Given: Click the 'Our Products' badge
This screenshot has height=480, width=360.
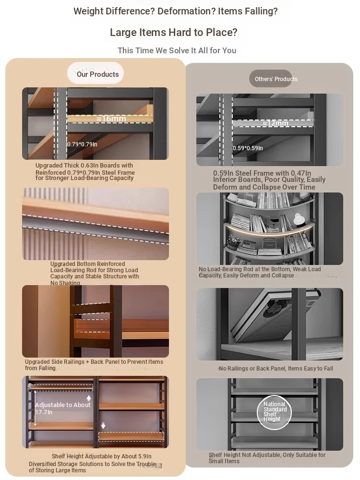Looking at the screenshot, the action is point(96,73).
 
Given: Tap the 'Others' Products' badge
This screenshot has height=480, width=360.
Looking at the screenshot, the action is point(271,79).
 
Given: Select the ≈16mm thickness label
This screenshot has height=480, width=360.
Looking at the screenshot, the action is point(111,119).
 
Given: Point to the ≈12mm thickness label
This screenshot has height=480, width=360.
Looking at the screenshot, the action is point(275,123).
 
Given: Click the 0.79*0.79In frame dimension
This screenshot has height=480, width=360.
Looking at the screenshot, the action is point(82,144).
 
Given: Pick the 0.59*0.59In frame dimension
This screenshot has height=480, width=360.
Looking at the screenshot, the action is point(248,148).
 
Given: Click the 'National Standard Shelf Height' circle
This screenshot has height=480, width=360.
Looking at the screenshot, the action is point(274,412).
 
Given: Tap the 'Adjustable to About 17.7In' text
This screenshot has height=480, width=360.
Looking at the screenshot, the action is point(62,408).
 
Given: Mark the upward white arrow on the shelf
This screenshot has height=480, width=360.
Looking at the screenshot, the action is point(89,398).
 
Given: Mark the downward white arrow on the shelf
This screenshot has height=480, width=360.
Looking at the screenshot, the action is point(103,425).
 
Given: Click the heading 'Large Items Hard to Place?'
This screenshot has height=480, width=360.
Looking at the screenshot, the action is point(174,33).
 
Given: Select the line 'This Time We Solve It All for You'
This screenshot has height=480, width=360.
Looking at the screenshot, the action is point(177,50).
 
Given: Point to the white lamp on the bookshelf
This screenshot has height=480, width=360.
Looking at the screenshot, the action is point(298,219).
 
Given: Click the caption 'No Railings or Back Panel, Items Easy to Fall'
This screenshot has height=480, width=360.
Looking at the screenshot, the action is point(276,369).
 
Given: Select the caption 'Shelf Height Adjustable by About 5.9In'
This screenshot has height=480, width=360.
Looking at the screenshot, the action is point(102,456).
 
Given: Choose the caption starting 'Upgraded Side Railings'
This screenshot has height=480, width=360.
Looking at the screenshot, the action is point(94,365).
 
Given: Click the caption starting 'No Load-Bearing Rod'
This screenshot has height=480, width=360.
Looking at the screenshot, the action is point(260,272).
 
